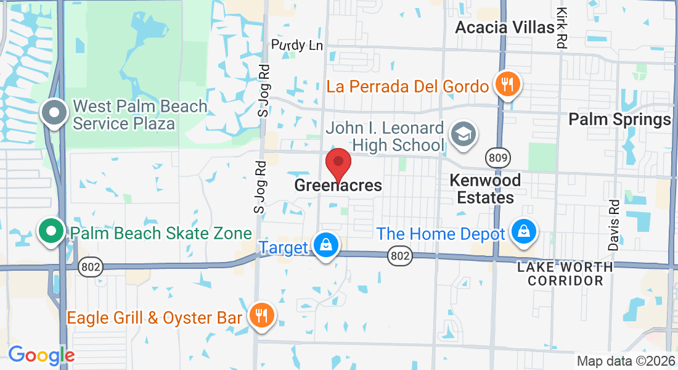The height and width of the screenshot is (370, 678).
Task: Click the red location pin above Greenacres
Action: (338, 163)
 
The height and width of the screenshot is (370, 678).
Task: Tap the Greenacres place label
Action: (338, 185)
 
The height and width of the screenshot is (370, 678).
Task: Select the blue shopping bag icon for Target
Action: (325, 245)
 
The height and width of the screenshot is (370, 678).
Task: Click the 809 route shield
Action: (499, 158)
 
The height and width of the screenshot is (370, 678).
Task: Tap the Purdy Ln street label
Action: (297, 45)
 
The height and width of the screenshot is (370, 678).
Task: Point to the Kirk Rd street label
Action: (561, 28)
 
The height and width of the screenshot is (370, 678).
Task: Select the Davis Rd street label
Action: (613, 224)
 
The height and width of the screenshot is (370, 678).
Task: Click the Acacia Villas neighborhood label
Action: (505, 27)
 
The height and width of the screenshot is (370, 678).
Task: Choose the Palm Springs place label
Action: (619, 119)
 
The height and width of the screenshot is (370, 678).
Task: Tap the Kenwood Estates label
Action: (485, 189)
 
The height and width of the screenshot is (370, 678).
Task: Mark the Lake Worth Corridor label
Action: (565, 274)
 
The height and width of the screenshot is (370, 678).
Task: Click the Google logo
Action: (41, 355)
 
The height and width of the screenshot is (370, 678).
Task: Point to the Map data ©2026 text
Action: (626, 361)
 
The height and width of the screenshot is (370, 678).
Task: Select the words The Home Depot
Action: (441, 234)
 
